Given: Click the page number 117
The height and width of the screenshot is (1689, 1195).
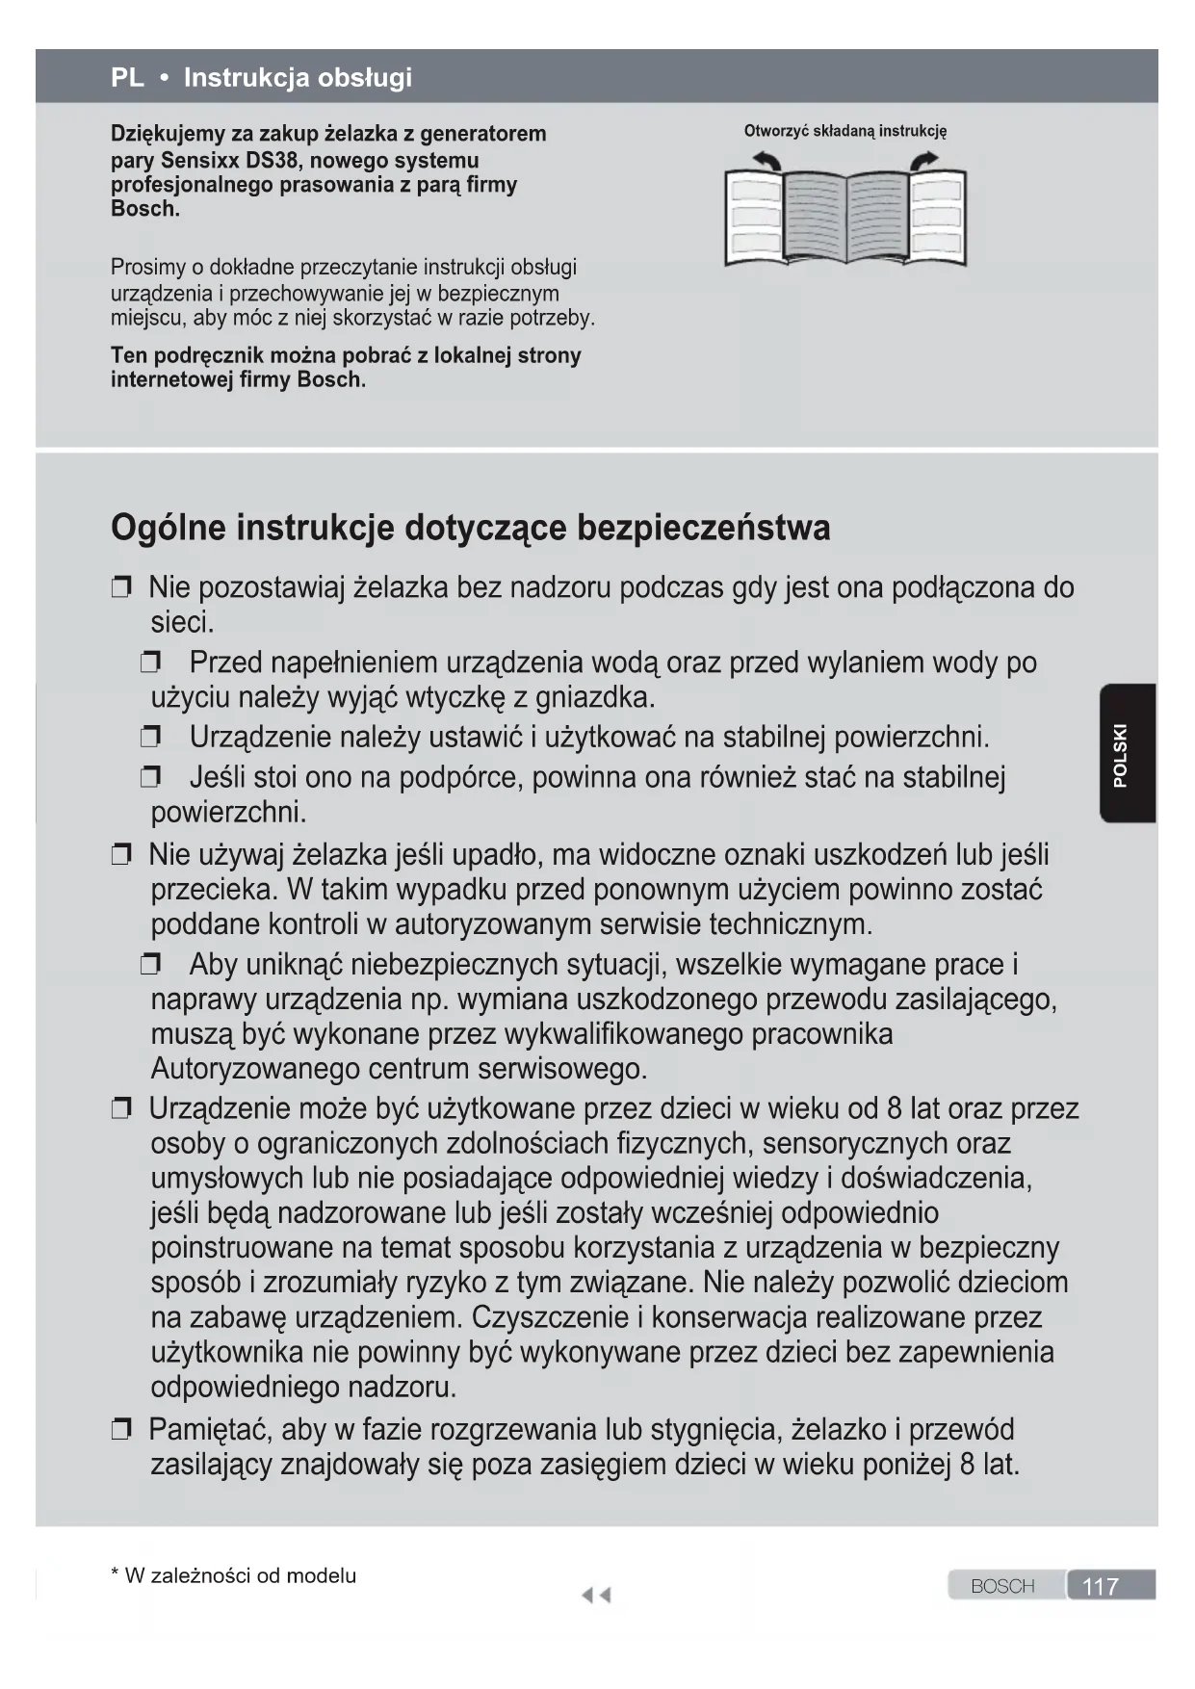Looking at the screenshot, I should point(1101,1586).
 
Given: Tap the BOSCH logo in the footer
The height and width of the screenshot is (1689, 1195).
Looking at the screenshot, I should point(1002,1586).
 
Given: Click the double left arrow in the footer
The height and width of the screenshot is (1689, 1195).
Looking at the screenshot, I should point(596,1596).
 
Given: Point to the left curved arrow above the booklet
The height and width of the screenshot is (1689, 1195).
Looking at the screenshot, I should point(766,161).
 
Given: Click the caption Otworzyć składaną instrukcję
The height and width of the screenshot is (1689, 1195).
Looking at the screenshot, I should point(844,132).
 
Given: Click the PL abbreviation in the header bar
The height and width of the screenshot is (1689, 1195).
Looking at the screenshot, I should point(127,77).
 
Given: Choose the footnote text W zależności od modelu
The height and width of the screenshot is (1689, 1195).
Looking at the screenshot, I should point(240,1576).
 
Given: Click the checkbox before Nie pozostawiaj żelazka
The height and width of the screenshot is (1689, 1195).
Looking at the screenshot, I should point(121,588).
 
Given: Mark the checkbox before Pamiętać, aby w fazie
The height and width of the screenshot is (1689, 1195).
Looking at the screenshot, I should point(121,1430).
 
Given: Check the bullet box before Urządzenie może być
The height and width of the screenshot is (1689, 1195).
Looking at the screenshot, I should point(121,1109).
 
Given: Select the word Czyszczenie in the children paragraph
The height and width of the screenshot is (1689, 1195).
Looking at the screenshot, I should point(549,1317).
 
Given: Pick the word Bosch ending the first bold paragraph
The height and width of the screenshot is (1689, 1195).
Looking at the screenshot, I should point(144,209).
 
